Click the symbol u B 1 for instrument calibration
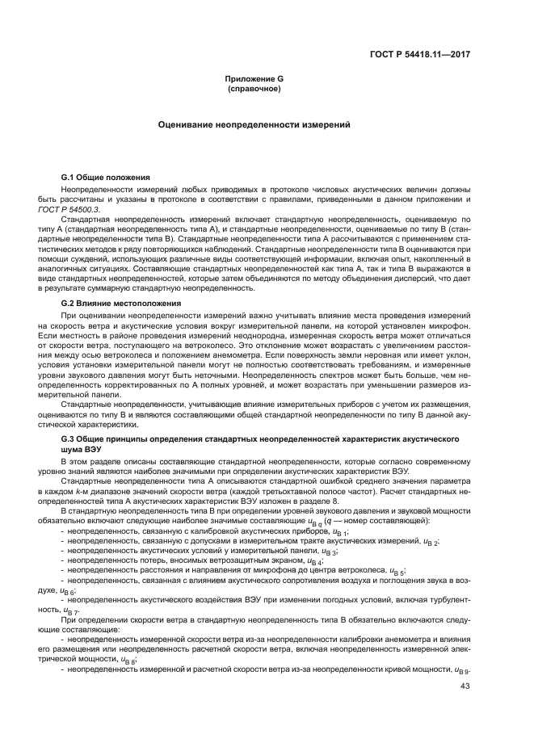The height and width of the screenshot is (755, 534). click(x=339, y=534)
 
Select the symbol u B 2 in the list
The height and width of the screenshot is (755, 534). click(x=431, y=543)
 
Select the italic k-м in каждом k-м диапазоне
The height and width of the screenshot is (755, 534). click(x=101, y=490)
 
